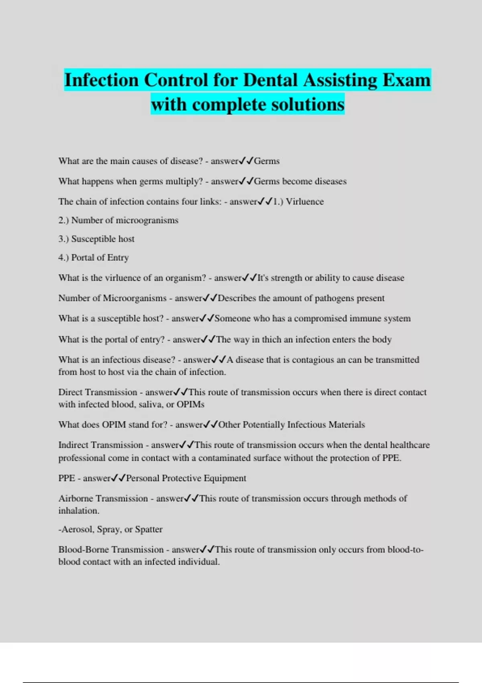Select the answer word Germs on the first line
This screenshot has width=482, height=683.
267,161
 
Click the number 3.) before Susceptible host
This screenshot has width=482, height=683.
63,239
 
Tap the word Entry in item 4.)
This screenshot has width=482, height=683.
118,258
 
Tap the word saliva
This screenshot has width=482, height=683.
150,405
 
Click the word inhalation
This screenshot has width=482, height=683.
79,511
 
